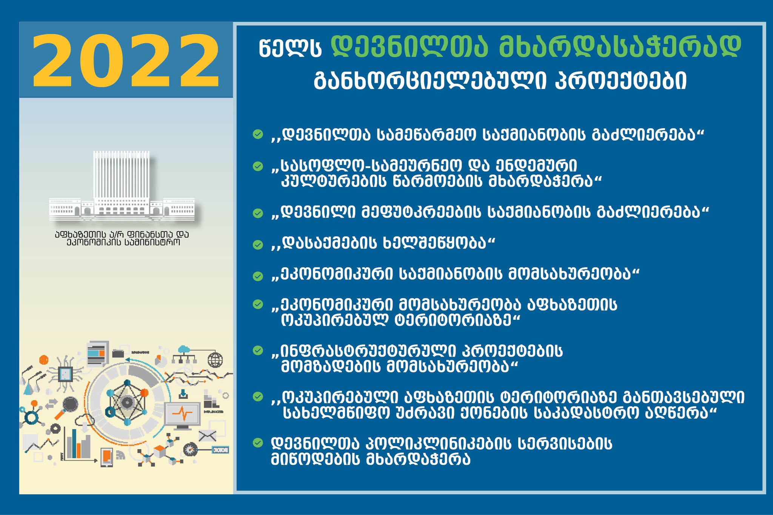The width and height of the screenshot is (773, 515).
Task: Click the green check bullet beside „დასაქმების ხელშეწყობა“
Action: coord(258,245)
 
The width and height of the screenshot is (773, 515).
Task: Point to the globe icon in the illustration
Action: coord(215,360)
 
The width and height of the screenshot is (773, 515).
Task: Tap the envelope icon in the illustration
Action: coord(207,436)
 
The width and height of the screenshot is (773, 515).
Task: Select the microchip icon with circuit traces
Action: coord(66,374)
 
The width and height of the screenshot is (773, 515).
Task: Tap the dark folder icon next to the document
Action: coord(118,353)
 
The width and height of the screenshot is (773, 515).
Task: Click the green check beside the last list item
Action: coord(258,443)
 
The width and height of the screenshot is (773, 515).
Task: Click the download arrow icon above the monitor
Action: coord(183,394)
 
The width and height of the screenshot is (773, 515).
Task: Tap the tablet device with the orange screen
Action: coord(107,457)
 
